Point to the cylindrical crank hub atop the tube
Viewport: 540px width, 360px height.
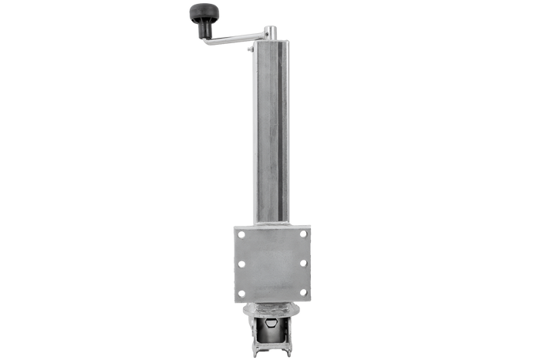tap(270, 33)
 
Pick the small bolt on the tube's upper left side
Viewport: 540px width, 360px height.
tap(248, 48)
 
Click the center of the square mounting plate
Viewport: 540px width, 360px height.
tap(272, 264)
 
